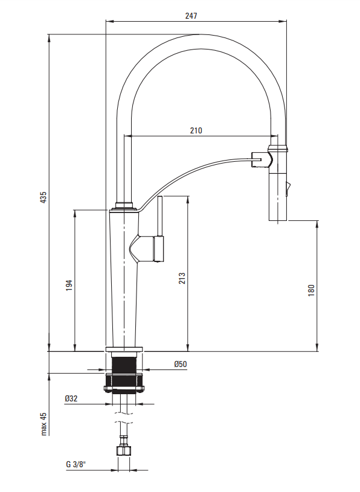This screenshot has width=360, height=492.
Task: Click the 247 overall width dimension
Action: point(191,15)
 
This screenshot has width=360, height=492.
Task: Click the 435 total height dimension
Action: point(43,197)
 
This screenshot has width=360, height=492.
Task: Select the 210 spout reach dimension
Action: point(196,130)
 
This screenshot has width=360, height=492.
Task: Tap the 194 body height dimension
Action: point(69,285)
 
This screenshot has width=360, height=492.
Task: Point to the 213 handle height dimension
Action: point(182,279)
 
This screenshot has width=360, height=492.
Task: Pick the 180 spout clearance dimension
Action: point(311,290)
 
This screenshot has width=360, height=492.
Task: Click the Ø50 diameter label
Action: point(181,364)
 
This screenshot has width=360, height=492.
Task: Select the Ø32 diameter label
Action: point(71,398)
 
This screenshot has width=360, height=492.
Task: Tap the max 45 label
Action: point(43,424)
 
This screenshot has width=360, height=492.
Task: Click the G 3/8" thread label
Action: point(76,464)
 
